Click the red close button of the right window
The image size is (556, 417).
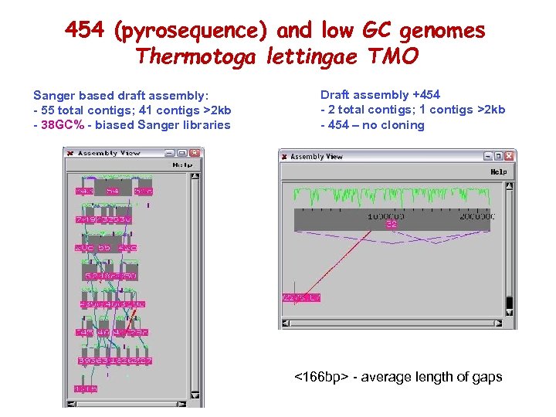tap(284, 157)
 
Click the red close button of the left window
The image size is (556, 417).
tap(69, 153)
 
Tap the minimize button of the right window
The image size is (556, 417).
tap(486, 157)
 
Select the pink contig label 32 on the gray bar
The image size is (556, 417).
tap(392, 224)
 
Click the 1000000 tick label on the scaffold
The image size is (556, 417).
tap(385, 216)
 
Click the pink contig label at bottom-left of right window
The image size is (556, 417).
tap(302, 298)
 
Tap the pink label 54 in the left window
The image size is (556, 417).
tap(113, 191)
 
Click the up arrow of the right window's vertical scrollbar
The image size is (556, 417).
tap(508, 186)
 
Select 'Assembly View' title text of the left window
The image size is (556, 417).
tap(108, 153)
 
